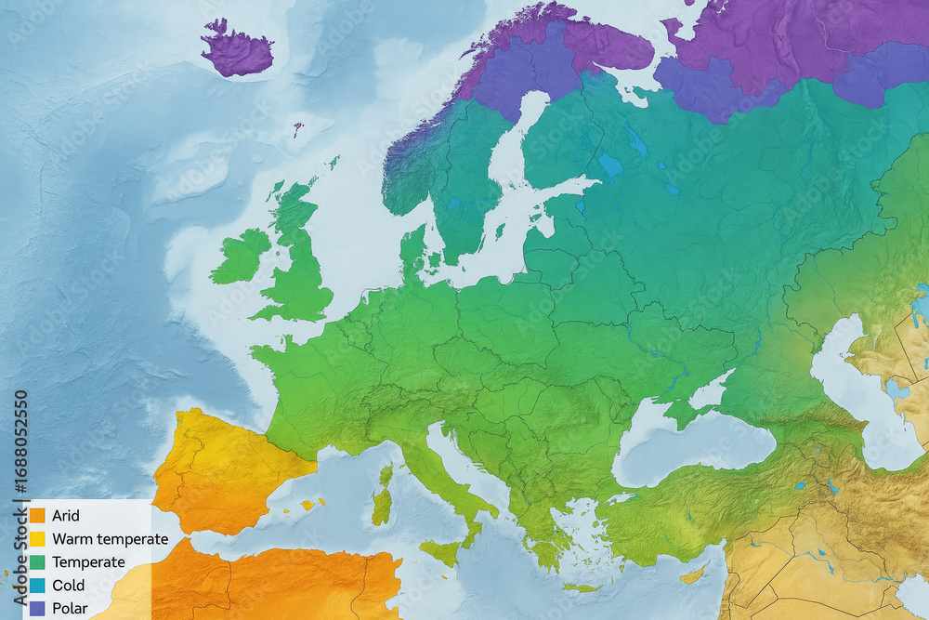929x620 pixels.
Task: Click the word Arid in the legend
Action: pyautogui.click(x=66, y=516)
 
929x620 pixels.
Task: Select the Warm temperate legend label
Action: pyautogui.click(x=111, y=539)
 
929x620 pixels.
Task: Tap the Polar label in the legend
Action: pyautogui.click(x=70, y=609)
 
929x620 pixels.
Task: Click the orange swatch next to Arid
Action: pyautogui.click(x=38, y=516)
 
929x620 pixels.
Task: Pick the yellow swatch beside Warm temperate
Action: pyautogui.click(x=38, y=539)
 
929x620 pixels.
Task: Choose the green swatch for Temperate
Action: pyautogui.click(x=38, y=562)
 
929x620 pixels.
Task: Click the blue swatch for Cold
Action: pyautogui.click(x=38, y=586)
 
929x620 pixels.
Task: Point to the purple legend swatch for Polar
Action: pyautogui.click(x=38, y=609)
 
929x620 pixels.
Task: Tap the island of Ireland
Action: pyautogui.click(x=241, y=257)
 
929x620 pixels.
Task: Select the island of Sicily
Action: pyautogui.click(x=441, y=552)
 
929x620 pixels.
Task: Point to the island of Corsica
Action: pyautogui.click(x=386, y=476)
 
